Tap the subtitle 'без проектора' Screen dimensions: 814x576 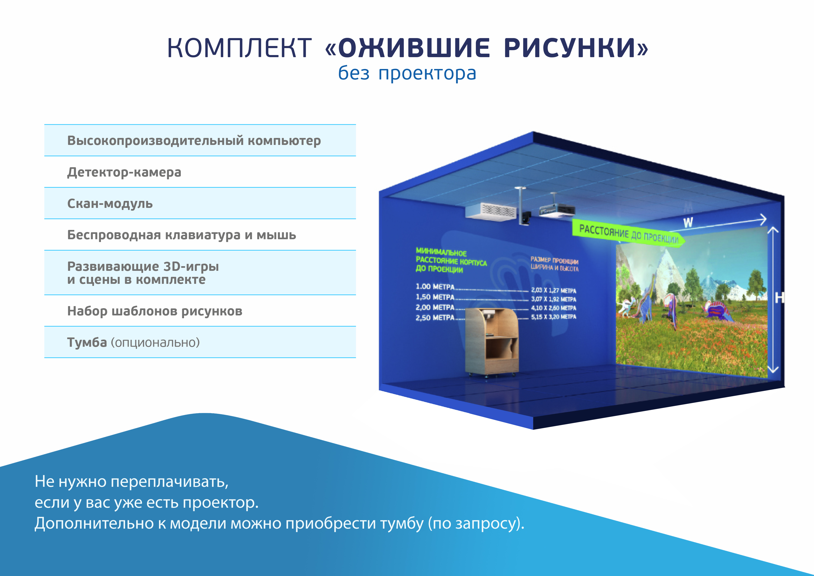(407, 73)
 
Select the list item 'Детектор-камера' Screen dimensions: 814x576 (124, 172)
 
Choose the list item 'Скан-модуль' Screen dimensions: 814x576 (110, 203)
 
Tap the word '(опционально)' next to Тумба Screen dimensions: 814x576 (155, 343)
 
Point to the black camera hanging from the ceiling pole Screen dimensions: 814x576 (526, 218)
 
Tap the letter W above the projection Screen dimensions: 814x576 (688, 223)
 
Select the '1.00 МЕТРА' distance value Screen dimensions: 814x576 (435, 286)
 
